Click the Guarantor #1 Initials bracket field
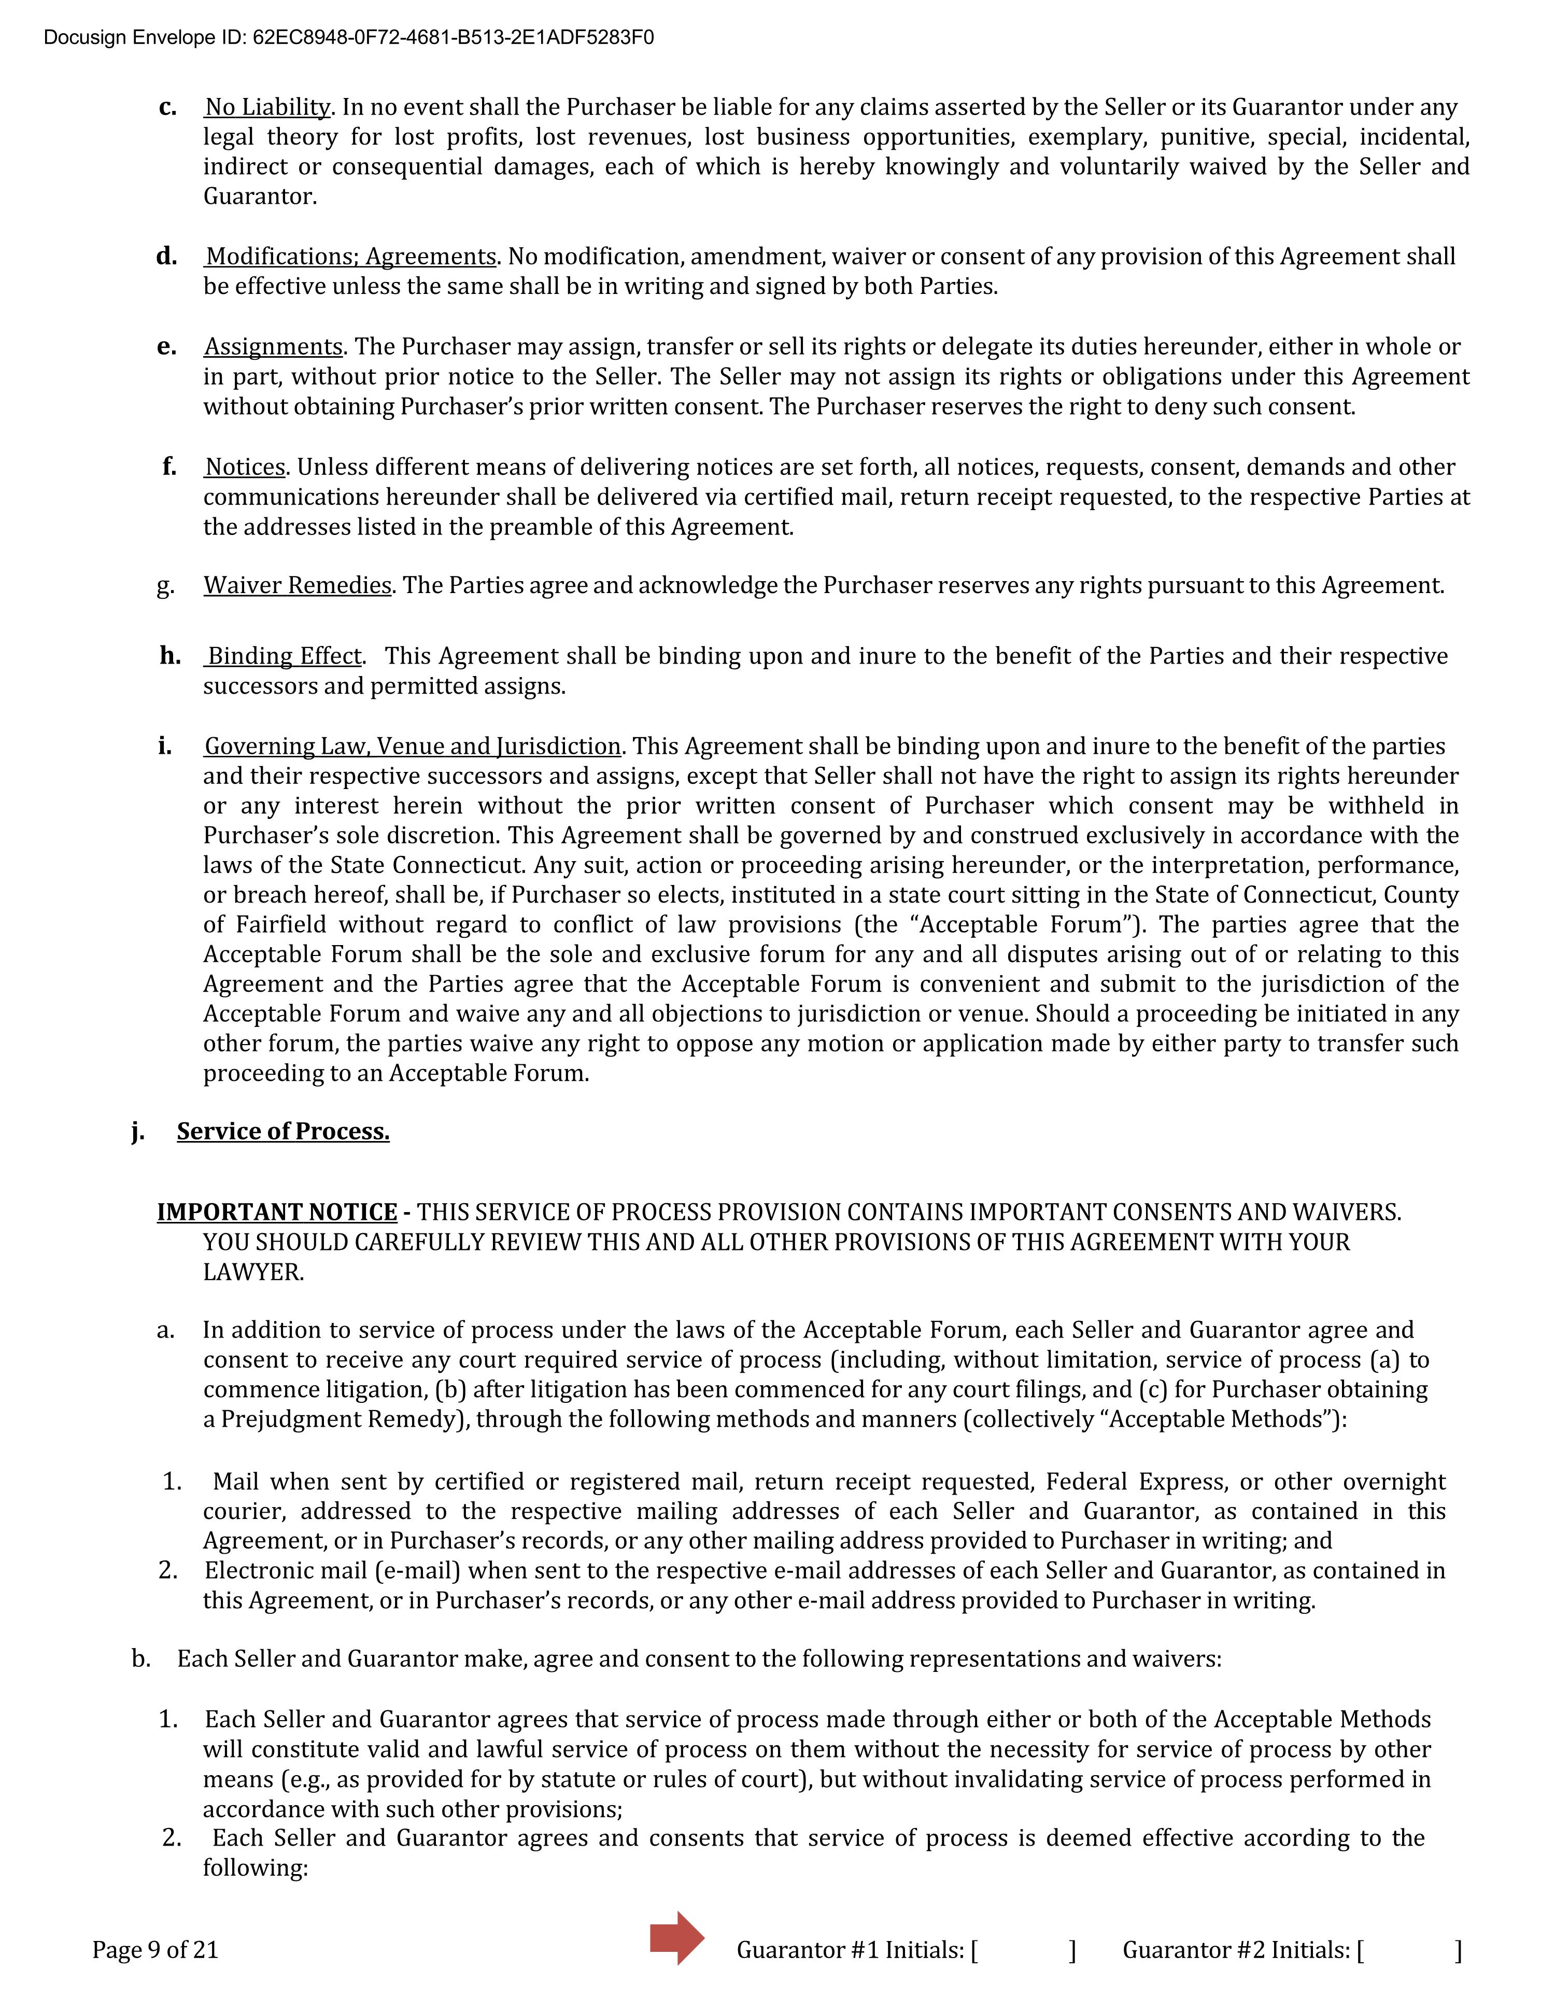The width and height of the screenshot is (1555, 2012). (1023, 1950)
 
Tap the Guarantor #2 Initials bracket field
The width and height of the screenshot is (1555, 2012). (1409, 1950)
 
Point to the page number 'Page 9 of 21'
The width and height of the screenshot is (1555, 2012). (155, 1950)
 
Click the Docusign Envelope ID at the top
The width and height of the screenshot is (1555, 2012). (349, 38)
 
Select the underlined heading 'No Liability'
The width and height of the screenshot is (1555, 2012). (267, 108)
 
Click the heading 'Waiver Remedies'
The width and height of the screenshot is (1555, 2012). (298, 586)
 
